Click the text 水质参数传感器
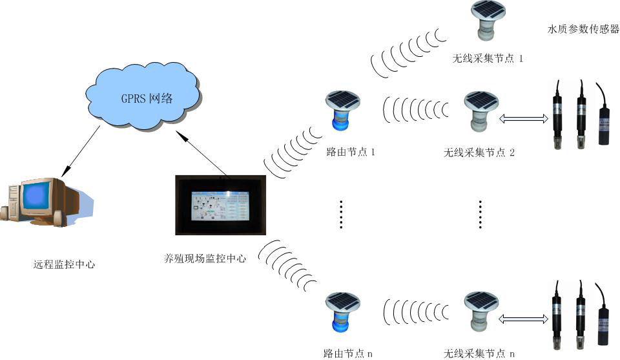[x=583, y=29]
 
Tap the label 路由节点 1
[x=350, y=153]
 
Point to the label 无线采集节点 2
[x=479, y=153]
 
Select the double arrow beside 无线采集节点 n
[x=524, y=318]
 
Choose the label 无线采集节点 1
[x=488, y=59]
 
